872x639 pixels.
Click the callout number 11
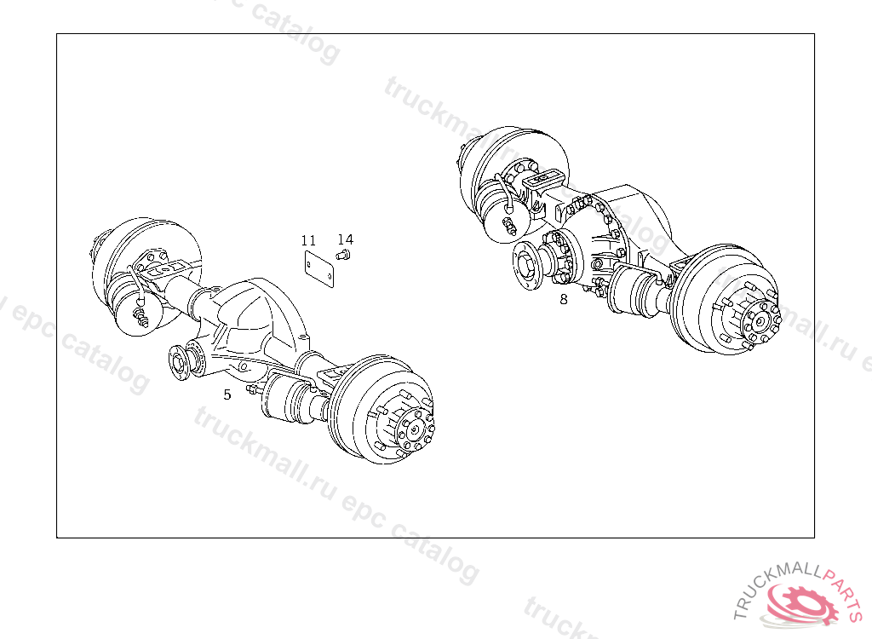coord(308,240)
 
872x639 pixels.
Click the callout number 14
coord(346,239)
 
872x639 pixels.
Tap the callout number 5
coord(227,394)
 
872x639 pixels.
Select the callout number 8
coord(564,299)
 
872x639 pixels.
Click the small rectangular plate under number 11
coord(319,269)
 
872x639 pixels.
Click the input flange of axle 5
coord(179,362)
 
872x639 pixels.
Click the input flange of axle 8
coord(526,265)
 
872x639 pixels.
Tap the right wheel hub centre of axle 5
coord(415,429)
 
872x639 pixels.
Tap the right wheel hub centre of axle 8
coord(760,320)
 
